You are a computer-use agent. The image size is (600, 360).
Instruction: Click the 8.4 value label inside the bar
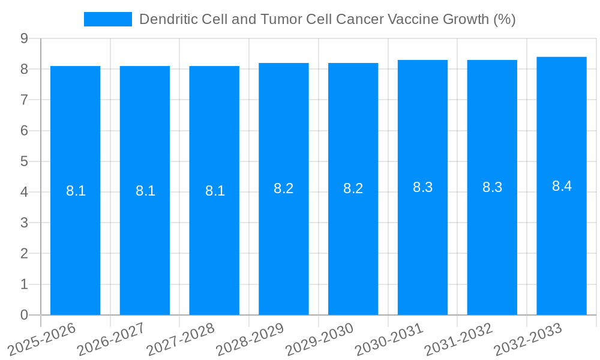(x=562, y=186)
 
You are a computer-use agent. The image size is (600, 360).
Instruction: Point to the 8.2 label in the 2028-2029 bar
(x=283, y=188)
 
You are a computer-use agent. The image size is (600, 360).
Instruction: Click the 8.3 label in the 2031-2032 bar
(x=492, y=187)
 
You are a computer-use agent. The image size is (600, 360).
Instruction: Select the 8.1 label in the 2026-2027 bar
(x=145, y=191)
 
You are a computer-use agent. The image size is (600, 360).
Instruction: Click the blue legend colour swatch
(x=108, y=19)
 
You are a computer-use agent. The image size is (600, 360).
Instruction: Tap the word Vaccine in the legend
(x=413, y=19)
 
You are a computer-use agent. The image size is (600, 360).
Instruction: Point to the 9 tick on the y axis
(x=25, y=38)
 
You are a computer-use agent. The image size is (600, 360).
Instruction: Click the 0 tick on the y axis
(x=25, y=315)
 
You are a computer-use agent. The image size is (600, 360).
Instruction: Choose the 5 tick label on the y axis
(x=25, y=161)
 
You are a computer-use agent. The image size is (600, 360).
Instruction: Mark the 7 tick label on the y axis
(x=25, y=100)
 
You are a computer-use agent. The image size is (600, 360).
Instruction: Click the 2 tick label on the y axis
(x=25, y=254)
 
